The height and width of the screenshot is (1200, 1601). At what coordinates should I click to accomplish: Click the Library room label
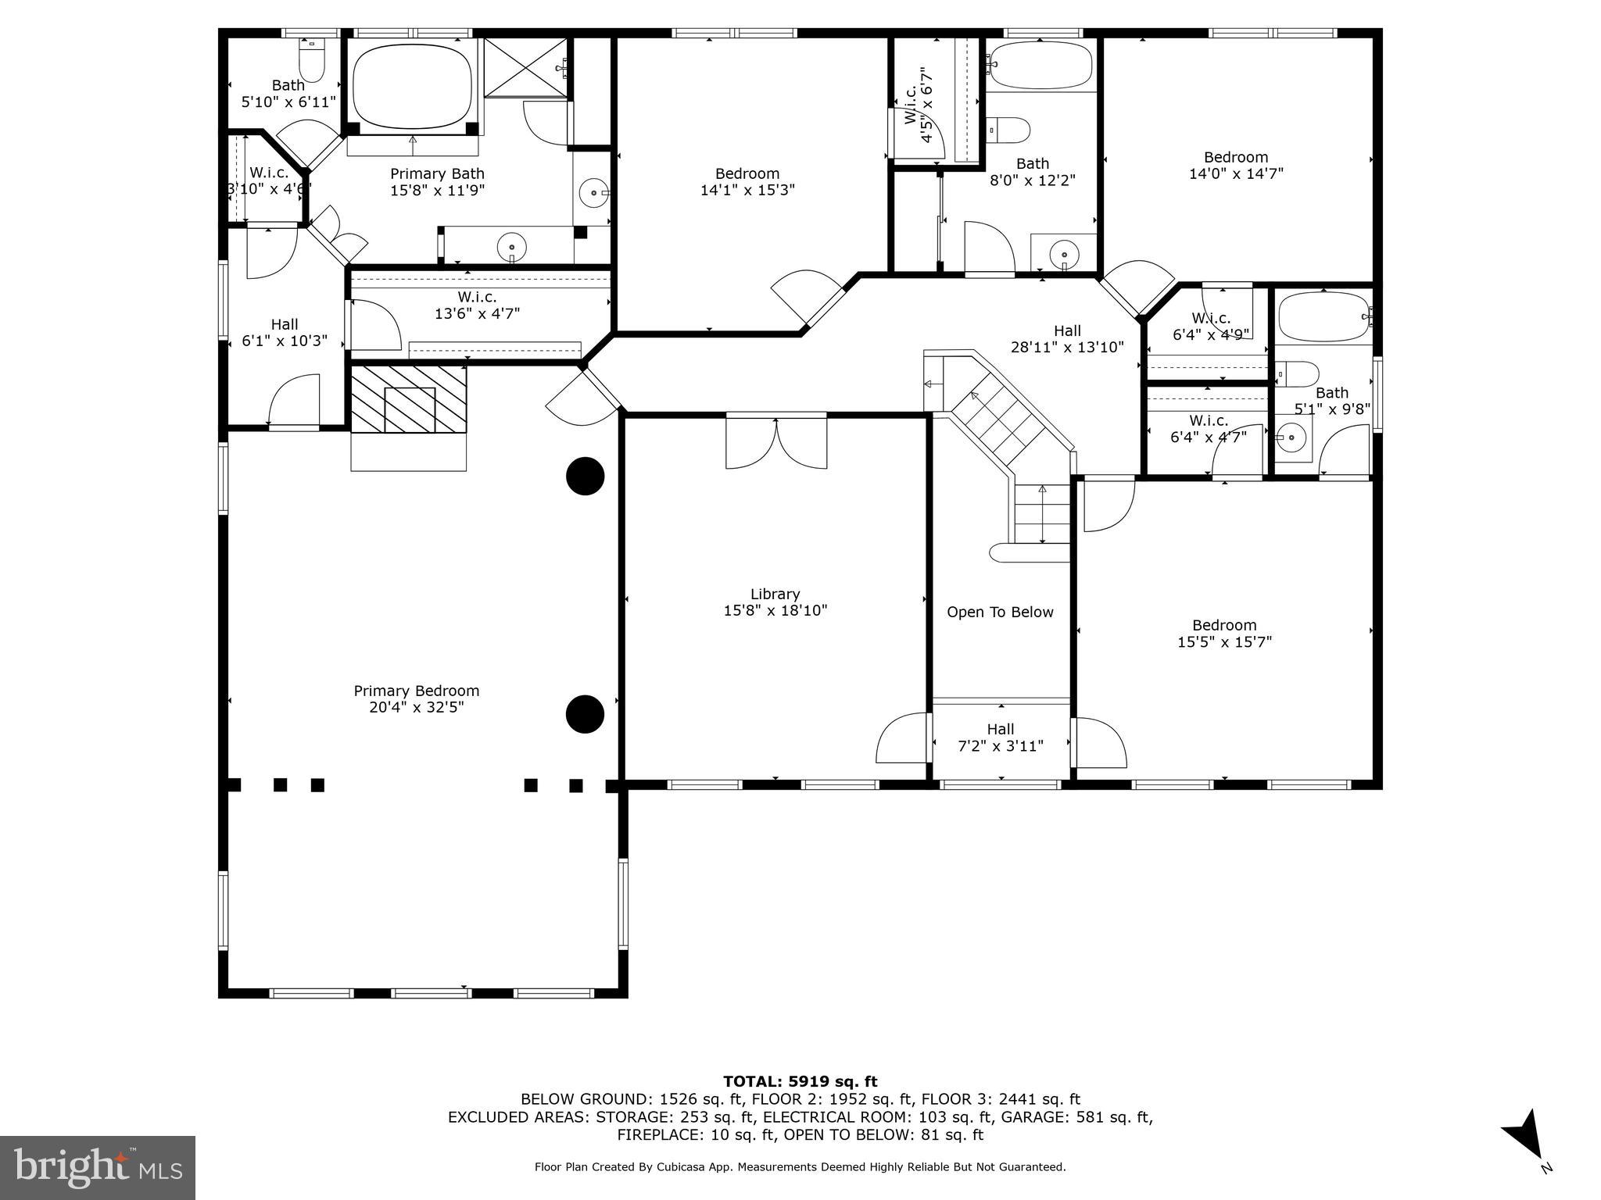775,595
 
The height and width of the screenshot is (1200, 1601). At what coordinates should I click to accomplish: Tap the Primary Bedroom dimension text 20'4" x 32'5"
416,708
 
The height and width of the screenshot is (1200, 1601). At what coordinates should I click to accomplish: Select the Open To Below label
1000,612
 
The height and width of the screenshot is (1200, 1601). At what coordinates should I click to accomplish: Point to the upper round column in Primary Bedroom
585,476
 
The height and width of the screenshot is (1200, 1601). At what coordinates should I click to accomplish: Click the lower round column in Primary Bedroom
585,714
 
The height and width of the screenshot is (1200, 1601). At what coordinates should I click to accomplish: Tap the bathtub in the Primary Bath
412,86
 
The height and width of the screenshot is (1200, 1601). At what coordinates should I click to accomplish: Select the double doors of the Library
775,442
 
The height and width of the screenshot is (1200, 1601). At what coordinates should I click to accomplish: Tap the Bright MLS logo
98,1167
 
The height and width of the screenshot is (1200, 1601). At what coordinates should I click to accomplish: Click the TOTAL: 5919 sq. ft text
800,1082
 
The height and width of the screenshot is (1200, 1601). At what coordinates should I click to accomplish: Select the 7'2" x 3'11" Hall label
1001,737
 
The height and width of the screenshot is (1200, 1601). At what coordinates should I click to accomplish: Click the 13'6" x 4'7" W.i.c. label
477,305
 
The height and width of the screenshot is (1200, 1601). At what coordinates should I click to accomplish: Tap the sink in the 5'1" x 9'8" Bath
1291,438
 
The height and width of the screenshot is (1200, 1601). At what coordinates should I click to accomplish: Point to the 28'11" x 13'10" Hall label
1067,339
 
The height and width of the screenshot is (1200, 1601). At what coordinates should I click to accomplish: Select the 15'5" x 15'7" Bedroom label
1224,634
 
